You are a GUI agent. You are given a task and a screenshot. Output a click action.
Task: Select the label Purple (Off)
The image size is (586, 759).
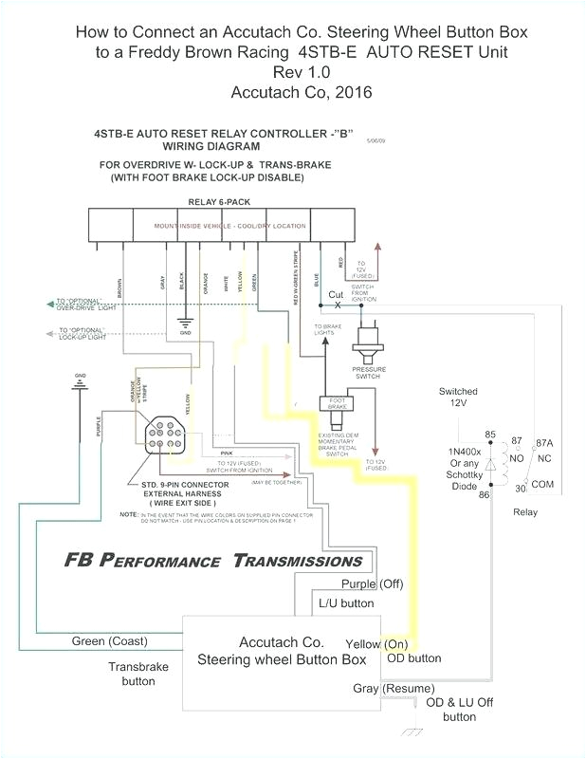pos(373,583)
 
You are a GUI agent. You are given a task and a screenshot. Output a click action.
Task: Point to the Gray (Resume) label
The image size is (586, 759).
pos(394,688)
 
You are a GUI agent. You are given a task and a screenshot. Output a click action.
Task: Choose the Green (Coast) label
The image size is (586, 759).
pos(109,641)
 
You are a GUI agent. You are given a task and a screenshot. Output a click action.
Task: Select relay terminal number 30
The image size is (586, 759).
pos(521,489)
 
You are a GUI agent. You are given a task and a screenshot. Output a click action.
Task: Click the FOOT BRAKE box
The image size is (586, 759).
pos(337,404)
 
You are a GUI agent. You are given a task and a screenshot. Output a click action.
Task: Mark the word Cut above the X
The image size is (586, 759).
pos(336,294)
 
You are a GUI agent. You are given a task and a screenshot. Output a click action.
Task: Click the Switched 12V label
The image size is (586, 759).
pos(458,398)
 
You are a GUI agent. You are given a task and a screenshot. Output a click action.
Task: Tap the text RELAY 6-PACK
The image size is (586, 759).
pos(213,202)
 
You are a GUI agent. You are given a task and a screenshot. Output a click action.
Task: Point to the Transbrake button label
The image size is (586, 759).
pos(137,674)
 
